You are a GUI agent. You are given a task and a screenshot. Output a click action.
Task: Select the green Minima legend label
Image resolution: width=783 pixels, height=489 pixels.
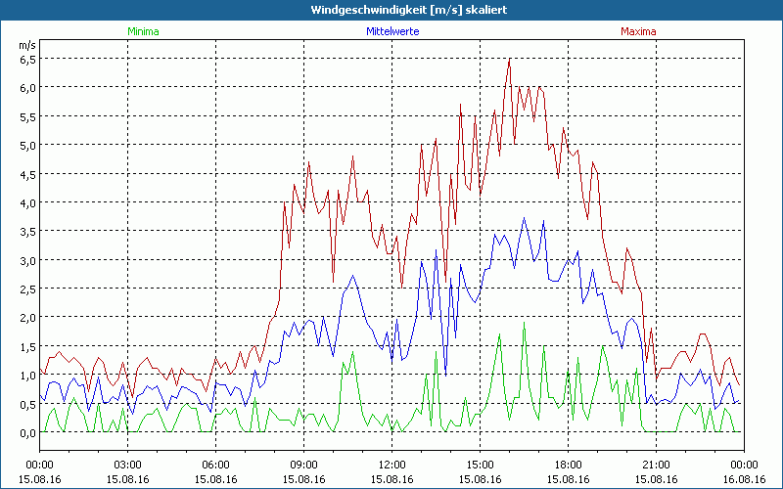tap(142, 30)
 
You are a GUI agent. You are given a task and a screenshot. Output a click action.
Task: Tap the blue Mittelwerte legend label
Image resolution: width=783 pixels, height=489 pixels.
tap(392, 30)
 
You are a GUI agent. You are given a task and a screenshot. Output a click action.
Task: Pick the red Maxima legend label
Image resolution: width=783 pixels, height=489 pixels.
tap(637, 30)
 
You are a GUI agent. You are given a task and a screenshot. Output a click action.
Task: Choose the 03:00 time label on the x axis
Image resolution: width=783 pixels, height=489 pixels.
tap(127, 465)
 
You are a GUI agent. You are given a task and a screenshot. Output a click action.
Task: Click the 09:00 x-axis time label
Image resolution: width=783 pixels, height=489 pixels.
tap(303, 465)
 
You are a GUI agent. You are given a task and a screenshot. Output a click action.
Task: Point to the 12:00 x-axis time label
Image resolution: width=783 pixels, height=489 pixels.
tap(391, 465)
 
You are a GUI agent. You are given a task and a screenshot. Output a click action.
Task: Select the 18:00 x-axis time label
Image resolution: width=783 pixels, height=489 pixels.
tap(568, 465)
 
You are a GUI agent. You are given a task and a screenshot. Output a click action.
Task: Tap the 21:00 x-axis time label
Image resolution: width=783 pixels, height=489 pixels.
tap(656, 465)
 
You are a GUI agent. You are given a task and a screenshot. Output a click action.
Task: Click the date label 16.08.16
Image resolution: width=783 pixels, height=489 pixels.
tap(744, 479)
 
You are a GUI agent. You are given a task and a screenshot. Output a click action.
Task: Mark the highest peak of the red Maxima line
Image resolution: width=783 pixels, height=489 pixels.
tap(509, 59)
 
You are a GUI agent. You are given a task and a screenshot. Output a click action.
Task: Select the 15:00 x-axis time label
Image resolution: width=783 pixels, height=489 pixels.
tap(480, 465)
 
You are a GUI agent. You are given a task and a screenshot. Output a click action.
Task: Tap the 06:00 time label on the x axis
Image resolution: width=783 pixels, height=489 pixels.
tap(215, 465)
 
